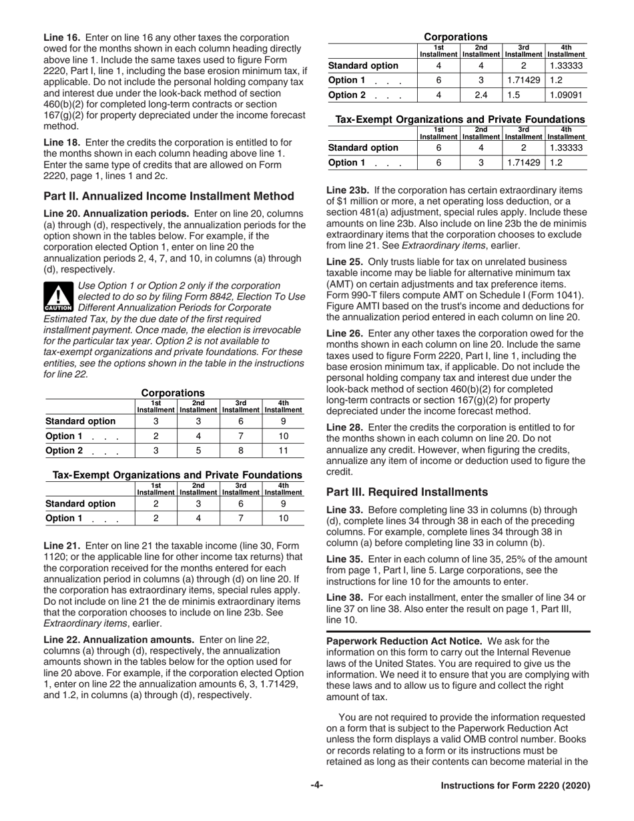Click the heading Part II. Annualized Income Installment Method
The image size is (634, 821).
[168, 196]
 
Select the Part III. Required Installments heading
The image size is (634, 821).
[407, 492]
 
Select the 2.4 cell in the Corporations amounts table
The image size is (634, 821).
[481, 95]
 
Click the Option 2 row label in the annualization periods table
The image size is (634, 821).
[63, 451]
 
